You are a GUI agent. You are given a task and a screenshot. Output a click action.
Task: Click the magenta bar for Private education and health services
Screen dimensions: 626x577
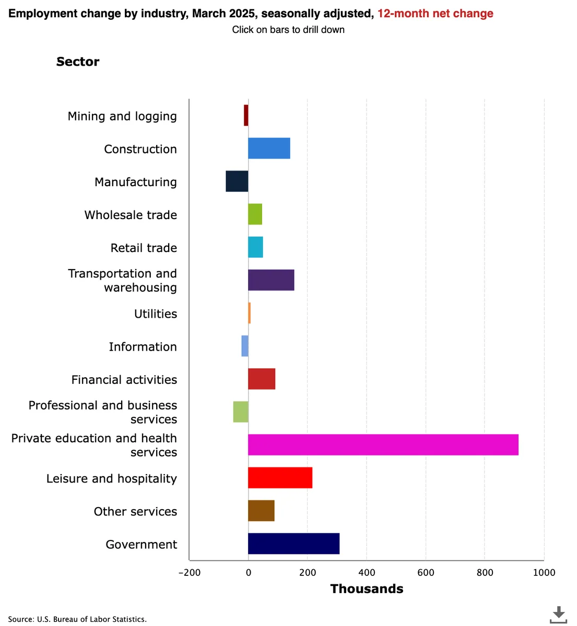(x=383, y=444)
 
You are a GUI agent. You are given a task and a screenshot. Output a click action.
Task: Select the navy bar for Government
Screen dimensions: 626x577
(x=293, y=544)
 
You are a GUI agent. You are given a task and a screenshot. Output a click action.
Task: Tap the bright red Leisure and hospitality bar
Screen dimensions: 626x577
(x=280, y=477)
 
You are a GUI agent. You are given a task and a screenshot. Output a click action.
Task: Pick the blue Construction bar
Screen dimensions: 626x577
(x=269, y=148)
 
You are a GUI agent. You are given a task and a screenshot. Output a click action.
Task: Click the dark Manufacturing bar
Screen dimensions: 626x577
(x=237, y=181)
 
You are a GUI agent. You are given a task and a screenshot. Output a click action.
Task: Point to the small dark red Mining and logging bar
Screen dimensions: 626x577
(x=246, y=115)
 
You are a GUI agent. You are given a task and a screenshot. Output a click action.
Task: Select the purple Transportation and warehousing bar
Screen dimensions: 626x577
(x=271, y=280)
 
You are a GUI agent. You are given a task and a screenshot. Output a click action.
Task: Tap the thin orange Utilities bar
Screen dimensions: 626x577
(x=250, y=313)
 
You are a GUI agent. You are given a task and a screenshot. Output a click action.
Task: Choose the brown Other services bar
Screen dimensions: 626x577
(x=261, y=511)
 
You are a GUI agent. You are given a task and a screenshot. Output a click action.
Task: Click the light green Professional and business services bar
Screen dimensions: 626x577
(x=241, y=412)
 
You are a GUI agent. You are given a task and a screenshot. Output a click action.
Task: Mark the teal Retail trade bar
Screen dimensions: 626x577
(x=255, y=247)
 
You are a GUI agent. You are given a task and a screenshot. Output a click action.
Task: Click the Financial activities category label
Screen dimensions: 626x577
(x=124, y=380)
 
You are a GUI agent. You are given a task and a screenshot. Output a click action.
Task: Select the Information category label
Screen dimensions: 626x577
(x=143, y=347)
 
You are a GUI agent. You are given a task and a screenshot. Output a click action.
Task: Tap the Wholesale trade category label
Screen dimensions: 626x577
(x=131, y=215)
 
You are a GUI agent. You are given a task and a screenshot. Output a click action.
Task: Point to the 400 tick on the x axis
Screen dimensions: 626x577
(x=367, y=573)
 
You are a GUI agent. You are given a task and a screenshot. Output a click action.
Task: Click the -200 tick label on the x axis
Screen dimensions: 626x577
(x=189, y=573)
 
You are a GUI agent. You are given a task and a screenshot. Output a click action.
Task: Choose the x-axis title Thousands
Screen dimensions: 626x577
(x=367, y=589)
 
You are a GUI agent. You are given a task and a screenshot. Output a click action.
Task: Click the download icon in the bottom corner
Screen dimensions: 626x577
(x=558, y=614)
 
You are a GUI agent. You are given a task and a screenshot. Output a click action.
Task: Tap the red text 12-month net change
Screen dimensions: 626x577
(x=435, y=14)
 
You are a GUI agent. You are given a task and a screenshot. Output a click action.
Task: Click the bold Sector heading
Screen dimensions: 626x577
(x=78, y=62)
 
